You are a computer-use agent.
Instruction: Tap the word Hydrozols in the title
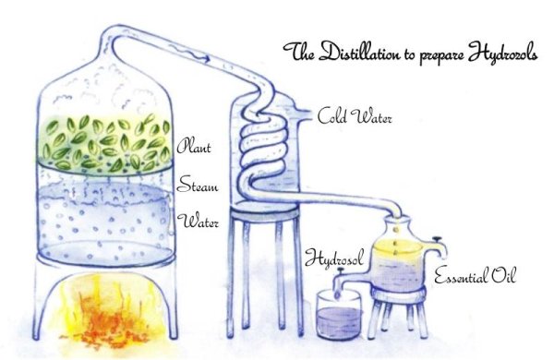tap(503, 54)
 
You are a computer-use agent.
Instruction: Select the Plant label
tap(194, 146)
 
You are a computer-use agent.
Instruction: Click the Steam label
tap(198, 185)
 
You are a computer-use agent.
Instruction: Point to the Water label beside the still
tap(198, 222)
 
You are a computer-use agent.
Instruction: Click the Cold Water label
tap(355, 116)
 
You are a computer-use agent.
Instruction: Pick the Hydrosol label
tap(333, 258)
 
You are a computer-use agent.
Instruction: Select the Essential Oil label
tap(475, 275)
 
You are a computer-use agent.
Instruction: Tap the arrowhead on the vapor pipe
tap(207, 57)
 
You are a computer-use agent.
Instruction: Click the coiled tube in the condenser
tap(263, 149)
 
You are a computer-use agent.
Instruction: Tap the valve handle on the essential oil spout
tap(438, 239)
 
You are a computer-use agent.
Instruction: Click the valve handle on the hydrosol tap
tap(341, 271)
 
